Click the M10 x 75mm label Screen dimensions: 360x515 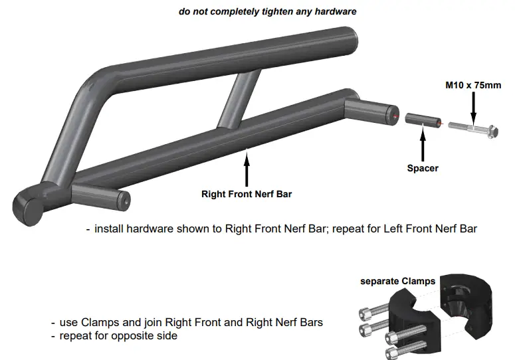(x=472, y=86)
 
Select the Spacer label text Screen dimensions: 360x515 (x=423, y=168)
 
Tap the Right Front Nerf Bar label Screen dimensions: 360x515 (x=247, y=195)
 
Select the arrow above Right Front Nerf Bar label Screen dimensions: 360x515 (x=247, y=169)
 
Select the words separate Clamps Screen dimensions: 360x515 (x=397, y=281)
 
